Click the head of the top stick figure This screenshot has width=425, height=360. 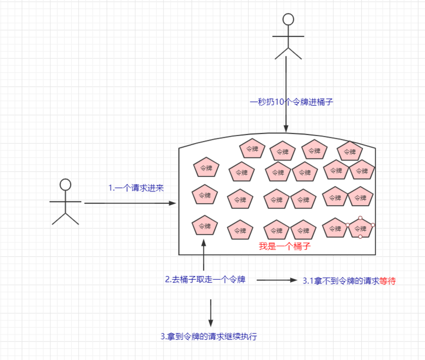288,20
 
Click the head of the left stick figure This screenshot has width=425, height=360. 65,185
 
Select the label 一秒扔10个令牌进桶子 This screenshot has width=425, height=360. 291,102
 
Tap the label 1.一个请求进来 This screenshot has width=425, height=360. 136,188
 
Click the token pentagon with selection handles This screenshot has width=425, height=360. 360,228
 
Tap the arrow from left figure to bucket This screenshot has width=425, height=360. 130,203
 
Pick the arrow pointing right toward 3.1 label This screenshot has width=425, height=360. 277,280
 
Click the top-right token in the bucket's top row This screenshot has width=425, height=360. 350,152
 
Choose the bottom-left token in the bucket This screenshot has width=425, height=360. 205,225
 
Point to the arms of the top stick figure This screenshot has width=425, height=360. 288,36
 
